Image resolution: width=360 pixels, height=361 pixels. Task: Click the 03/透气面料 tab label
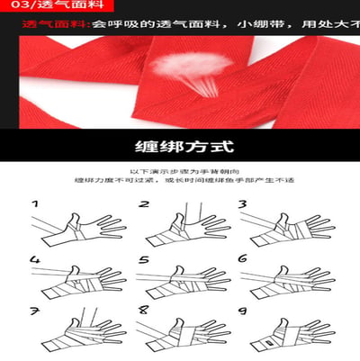tap(35, 7)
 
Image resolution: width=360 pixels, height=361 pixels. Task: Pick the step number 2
tap(144, 205)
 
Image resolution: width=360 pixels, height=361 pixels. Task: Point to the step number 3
tap(243, 205)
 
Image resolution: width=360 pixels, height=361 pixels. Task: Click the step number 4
tap(35, 261)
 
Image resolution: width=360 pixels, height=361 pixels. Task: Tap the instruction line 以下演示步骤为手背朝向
tap(179, 172)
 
